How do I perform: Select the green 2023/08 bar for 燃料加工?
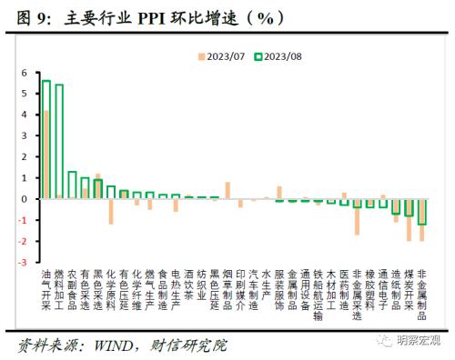[59, 141]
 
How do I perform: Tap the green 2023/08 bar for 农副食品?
[72, 185]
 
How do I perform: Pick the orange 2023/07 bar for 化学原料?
[111, 211]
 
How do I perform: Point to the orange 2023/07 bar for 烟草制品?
[227, 190]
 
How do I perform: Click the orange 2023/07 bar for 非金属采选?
[357, 216]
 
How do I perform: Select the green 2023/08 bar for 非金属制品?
[421, 211]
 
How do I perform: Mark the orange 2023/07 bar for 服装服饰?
[279, 192]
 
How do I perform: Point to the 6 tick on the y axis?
[25, 72]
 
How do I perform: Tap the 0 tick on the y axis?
[25, 198]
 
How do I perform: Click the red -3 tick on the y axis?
[23, 262]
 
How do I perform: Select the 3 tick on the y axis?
[25, 135]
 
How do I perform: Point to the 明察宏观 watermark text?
[418, 340]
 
